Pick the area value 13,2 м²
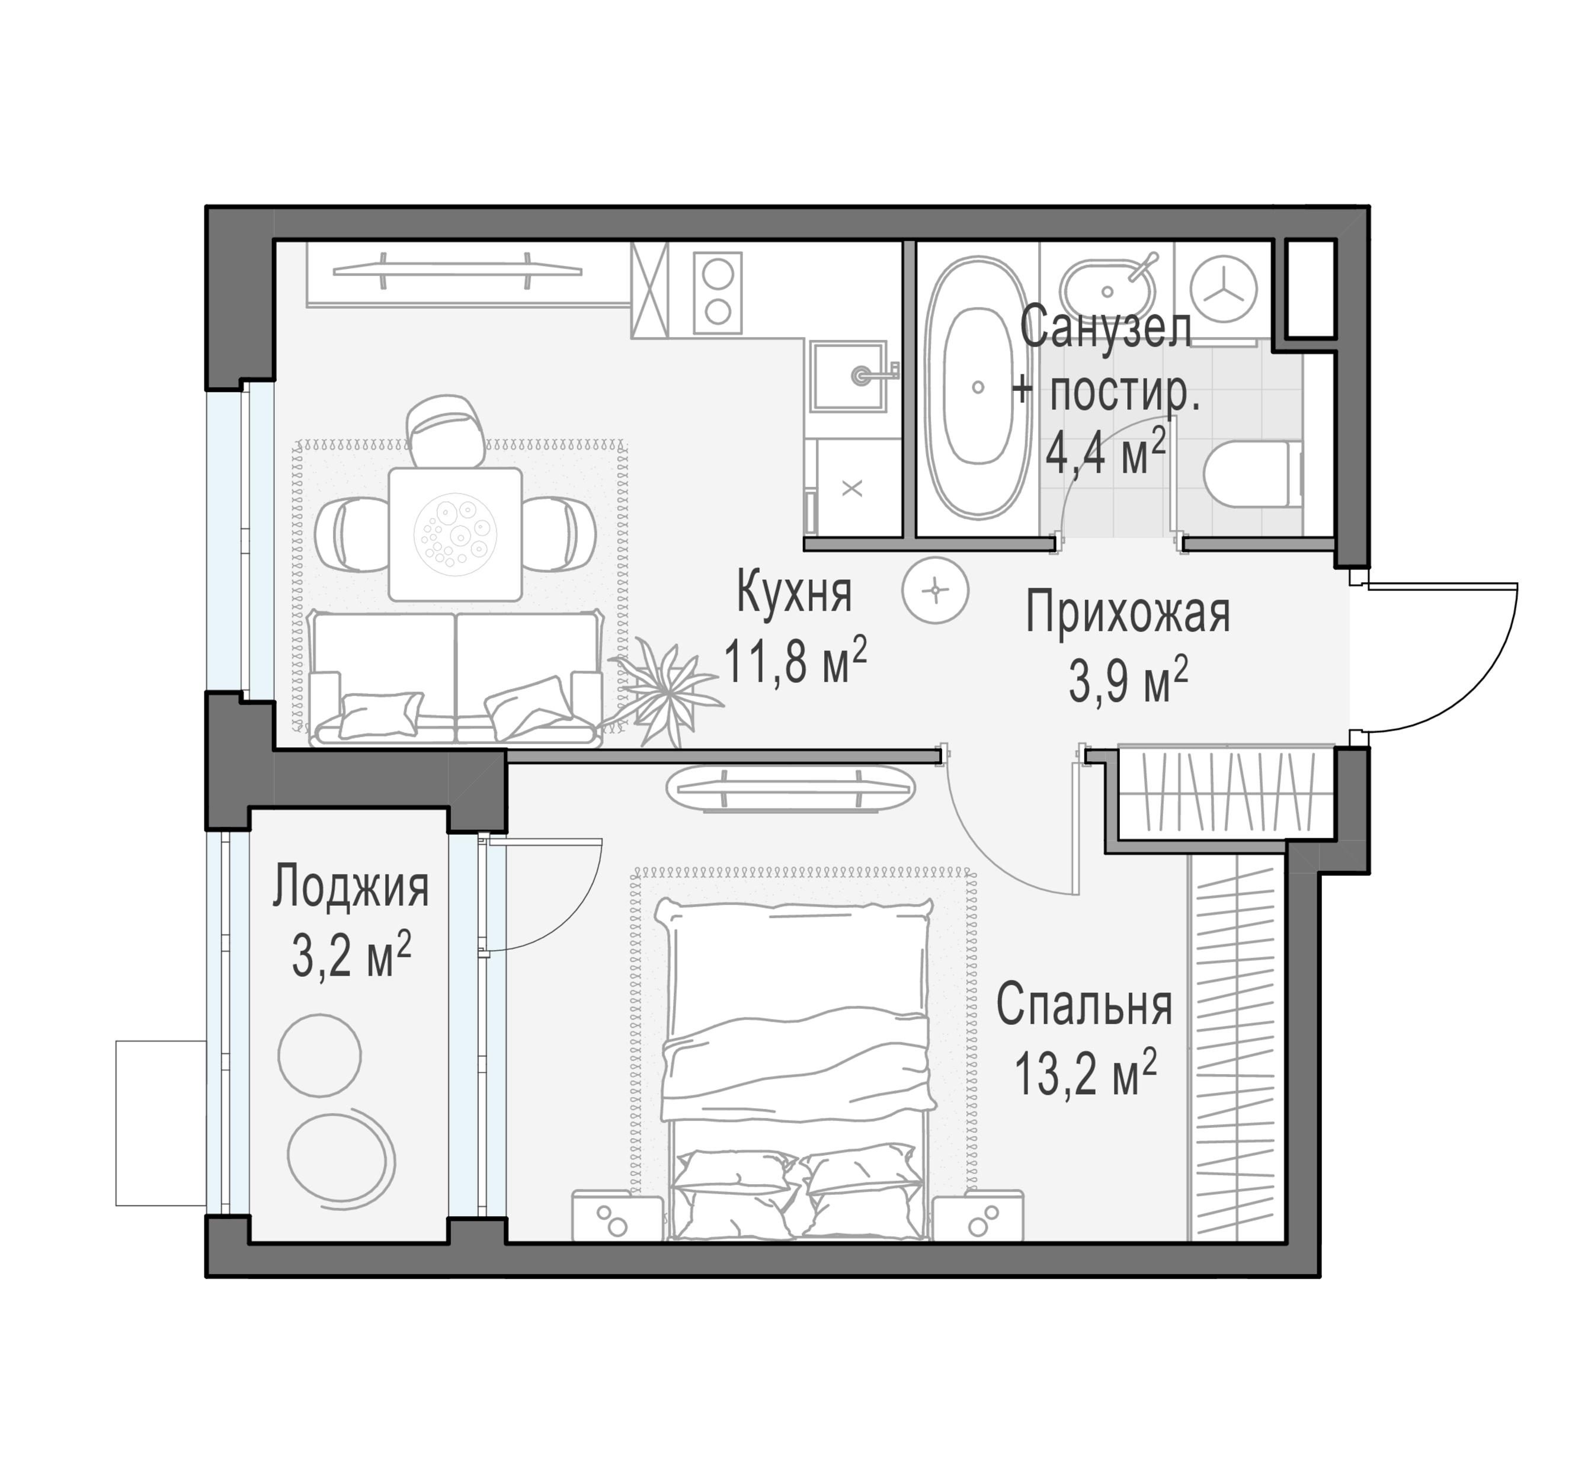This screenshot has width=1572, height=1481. pyautogui.click(x=1085, y=1072)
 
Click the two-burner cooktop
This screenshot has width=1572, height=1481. pyautogui.click(x=718, y=293)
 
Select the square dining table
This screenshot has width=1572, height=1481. pyautogui.click(x=456, y=534)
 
